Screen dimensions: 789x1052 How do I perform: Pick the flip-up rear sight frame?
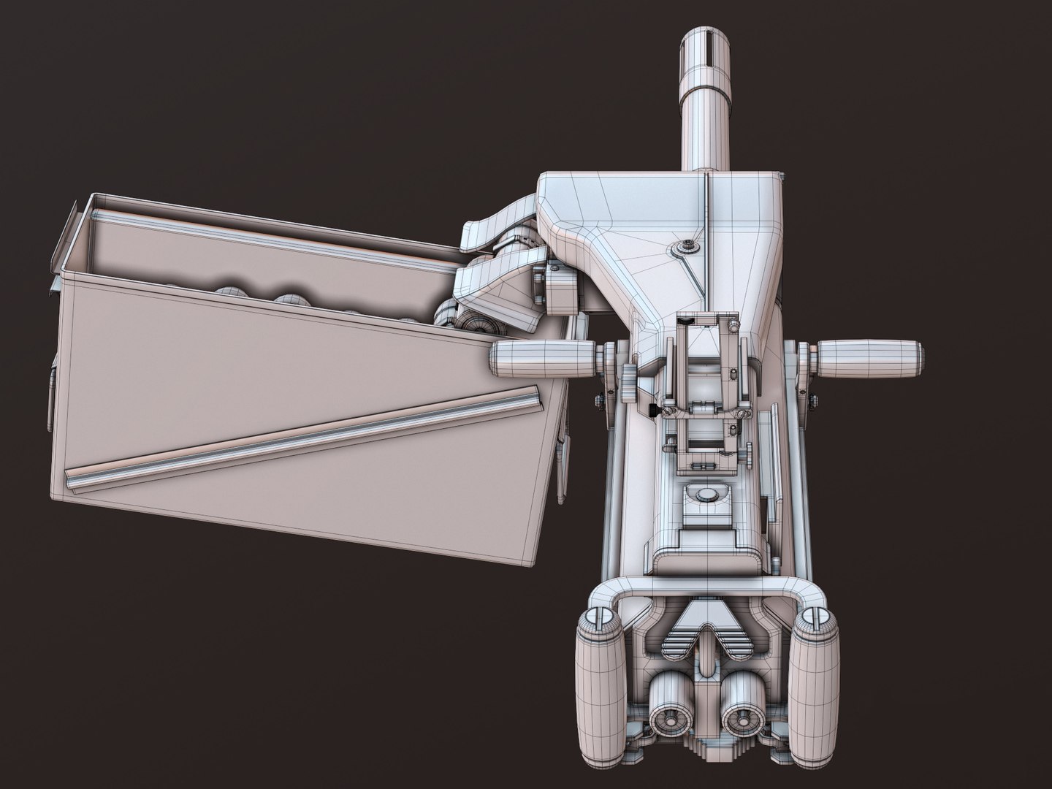point(706,351)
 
